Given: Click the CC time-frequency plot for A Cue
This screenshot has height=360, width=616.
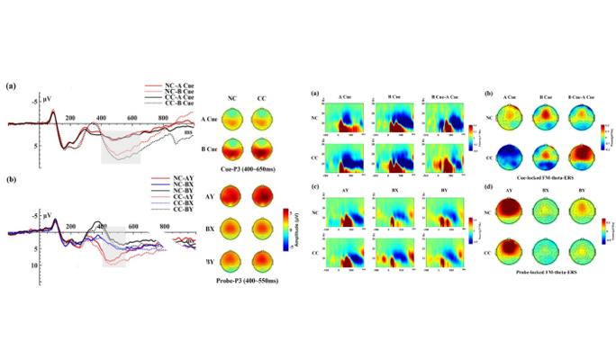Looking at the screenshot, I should (x=347, y=156).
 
